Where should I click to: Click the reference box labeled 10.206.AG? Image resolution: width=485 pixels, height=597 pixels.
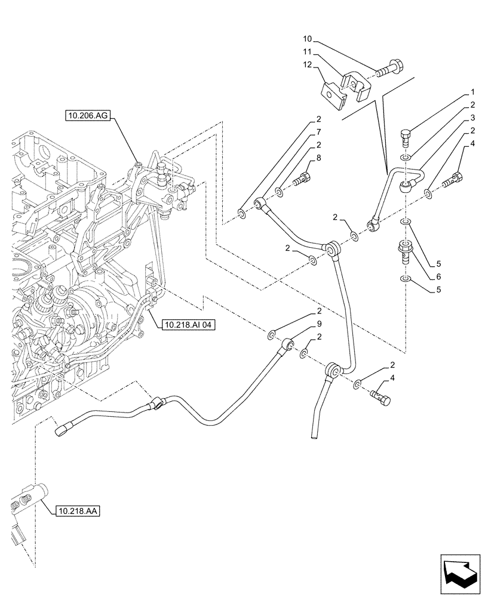click(x=87, y=116)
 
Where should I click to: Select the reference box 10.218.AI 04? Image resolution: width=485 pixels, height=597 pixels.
click(x=187, y=325)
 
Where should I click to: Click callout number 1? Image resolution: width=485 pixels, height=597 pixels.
click(x=472, y=93)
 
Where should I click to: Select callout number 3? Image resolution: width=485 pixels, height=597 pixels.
click(x=472, y=118)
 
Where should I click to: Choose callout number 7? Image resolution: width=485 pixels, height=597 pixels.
click(x=320, y=131)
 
